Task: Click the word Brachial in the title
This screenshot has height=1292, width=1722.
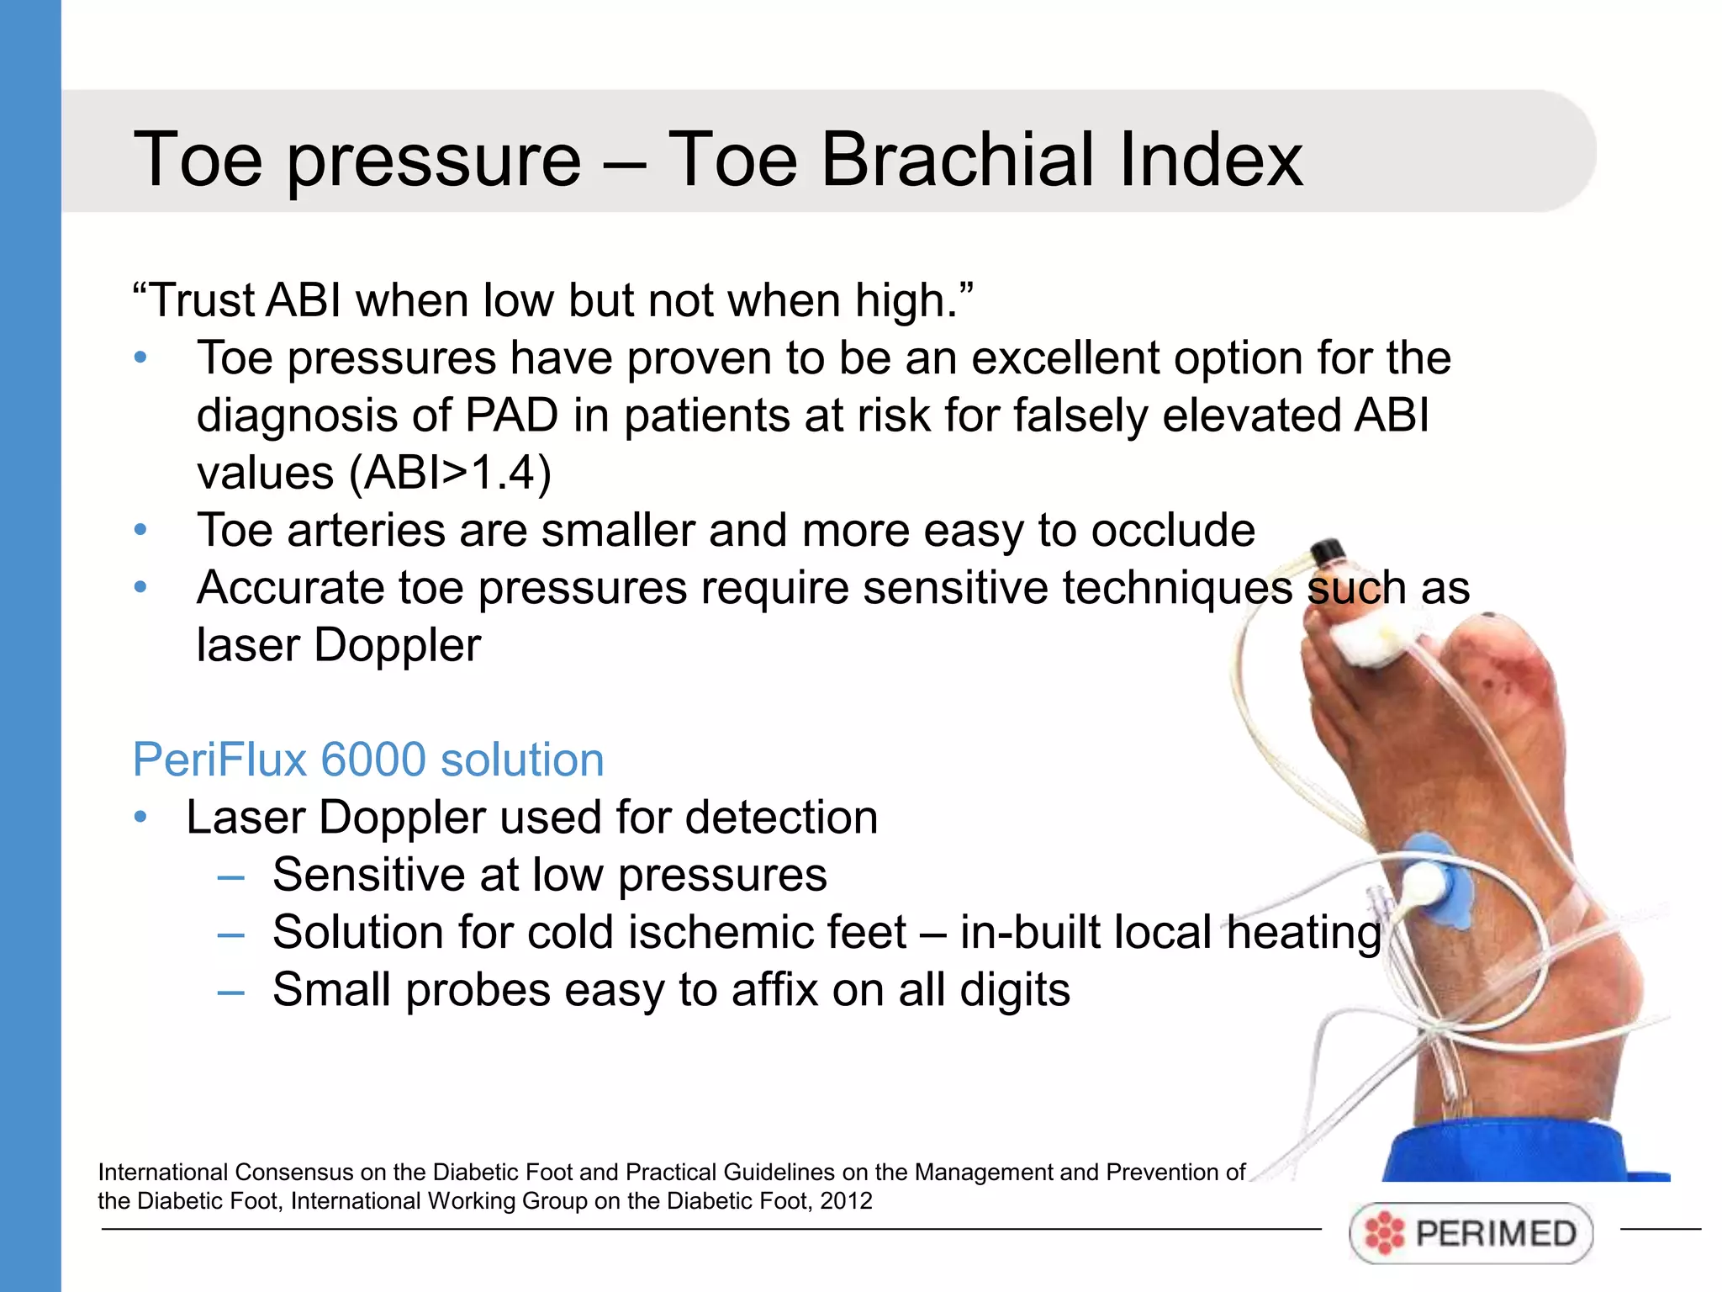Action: tap(959, 160)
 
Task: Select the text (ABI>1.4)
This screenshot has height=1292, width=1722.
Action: tap(450, 473)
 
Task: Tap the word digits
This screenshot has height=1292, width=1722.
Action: tap(1015, 990)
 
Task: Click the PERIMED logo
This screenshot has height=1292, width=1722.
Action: tap(1471, 1233)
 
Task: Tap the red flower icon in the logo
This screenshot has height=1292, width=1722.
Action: tap(1384, 1234)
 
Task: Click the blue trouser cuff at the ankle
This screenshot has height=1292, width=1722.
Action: tap(1522, 1152)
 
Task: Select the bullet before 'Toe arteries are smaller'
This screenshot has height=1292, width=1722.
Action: tap(140, 531)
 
